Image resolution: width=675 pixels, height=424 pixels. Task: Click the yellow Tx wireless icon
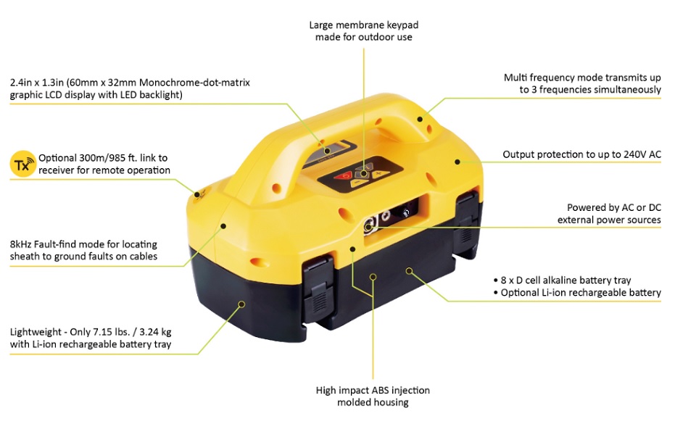point(22,164)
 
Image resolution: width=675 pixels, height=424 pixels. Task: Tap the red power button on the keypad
point(345,175)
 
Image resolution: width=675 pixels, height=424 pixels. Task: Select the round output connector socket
point(369,225)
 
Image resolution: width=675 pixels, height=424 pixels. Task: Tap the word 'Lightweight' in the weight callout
point(36,332)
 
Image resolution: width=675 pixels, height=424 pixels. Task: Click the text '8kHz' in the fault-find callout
point(20,244)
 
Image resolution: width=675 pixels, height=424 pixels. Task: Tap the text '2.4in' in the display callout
point(21,83)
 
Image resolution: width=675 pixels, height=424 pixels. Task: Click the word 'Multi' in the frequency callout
point(515,78)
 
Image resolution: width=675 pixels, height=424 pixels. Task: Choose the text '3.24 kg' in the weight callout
point(155,332)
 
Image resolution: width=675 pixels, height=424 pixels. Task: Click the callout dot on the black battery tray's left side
point(241,304)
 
